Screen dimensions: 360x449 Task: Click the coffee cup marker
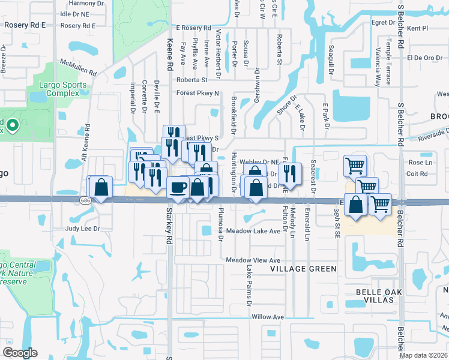(x=178, y=187)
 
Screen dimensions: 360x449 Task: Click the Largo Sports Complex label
(x=59, y=89)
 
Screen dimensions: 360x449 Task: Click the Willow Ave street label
(x=268, y=316)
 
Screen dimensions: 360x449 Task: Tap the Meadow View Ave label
(x=253, y=260)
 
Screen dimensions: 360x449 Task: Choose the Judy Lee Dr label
(x=82, y=229)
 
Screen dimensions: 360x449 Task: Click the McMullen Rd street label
(x=78, y=66)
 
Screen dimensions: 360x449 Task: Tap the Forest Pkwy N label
(x=197, y=93)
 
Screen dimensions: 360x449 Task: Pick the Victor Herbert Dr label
(x=218, y=54)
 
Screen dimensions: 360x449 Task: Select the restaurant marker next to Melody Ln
(x=291, y=174)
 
